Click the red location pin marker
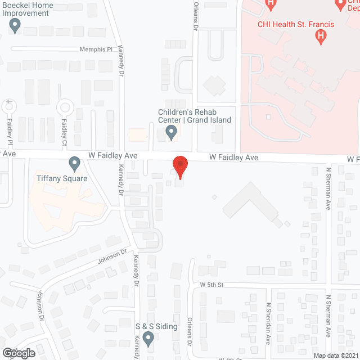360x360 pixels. click(x=180, y=166)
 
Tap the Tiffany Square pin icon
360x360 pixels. click(x=74, y=164)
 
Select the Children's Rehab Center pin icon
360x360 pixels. click(x=172, y=133)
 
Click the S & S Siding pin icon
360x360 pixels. click(x=148, y=338)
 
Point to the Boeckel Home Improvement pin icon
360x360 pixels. click(x=15, y=25)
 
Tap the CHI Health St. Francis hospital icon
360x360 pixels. click(x=321, y=37)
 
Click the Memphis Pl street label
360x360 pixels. click(x=96, y=49)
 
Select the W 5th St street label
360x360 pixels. click(x=212, y=285)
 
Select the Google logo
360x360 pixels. click(x=18, y=353)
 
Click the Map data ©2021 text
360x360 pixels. click(x=334, y=355)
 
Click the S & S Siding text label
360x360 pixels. click(x=156, y=326)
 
